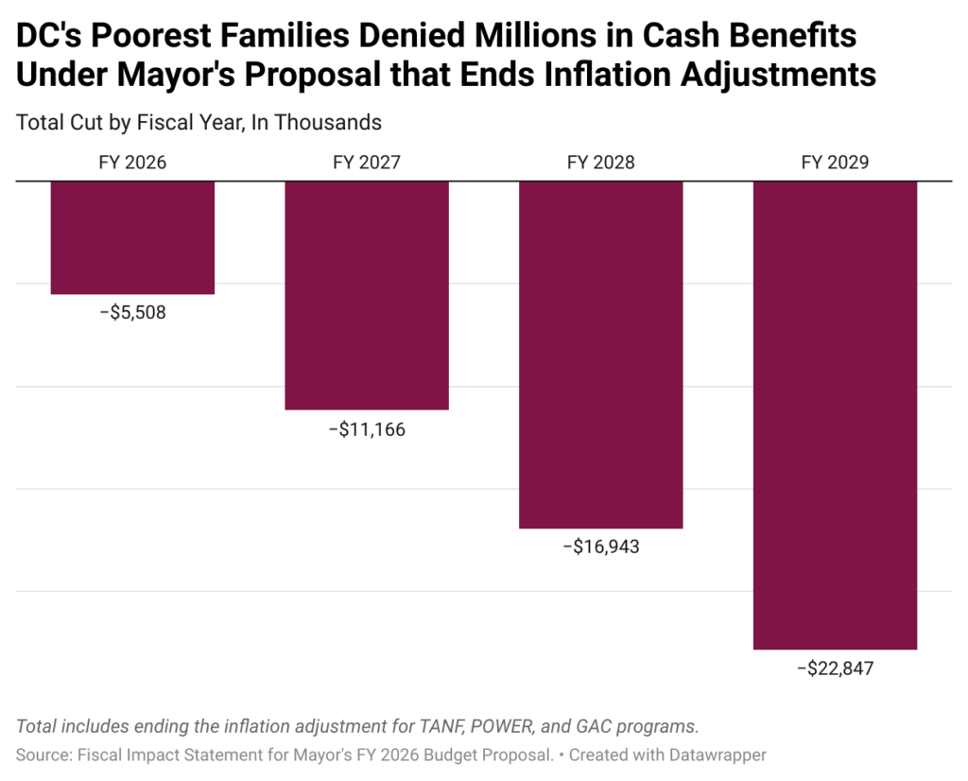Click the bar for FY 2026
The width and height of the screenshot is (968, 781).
pyautogui.click(x=132, y=237)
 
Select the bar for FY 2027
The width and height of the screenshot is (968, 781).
pyautogui.click(x=367, y=295)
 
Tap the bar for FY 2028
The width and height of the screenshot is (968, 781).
pyautogui.click(x=601, y=354)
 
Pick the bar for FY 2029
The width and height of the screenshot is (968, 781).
pyautogui.click(x=835, y=414)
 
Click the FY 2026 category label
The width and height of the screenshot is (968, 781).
pyautogui.click(x=132, y=163)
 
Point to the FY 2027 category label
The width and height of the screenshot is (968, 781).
pyautogui.click(x=367, y=163)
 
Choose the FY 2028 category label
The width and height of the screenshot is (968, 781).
pyautogui.click(x=601, y=163)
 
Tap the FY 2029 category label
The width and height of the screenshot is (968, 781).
pyautogui.click(x=835, y=163)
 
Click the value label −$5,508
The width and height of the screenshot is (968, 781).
pyautogui.click(x=132, y=312)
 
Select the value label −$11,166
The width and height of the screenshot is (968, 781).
pyautogui.click(x=367, y=429)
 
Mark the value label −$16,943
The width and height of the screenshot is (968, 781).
pyautogui.click(x=601, y=547)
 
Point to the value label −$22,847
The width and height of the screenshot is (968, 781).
pyautogui.click(x=835, y=668)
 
